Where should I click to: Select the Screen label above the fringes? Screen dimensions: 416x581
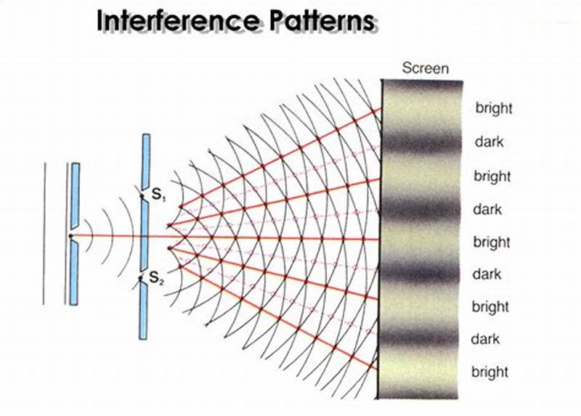[x=425, y=69]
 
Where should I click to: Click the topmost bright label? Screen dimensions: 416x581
[x=494, y=108]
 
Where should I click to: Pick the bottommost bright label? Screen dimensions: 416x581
[x=490, y=372]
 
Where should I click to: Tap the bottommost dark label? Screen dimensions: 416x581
[x=486, y=339]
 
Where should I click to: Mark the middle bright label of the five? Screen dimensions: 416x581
[x=492, y=241]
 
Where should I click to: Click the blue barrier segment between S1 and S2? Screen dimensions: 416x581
[x=145, y=235]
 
